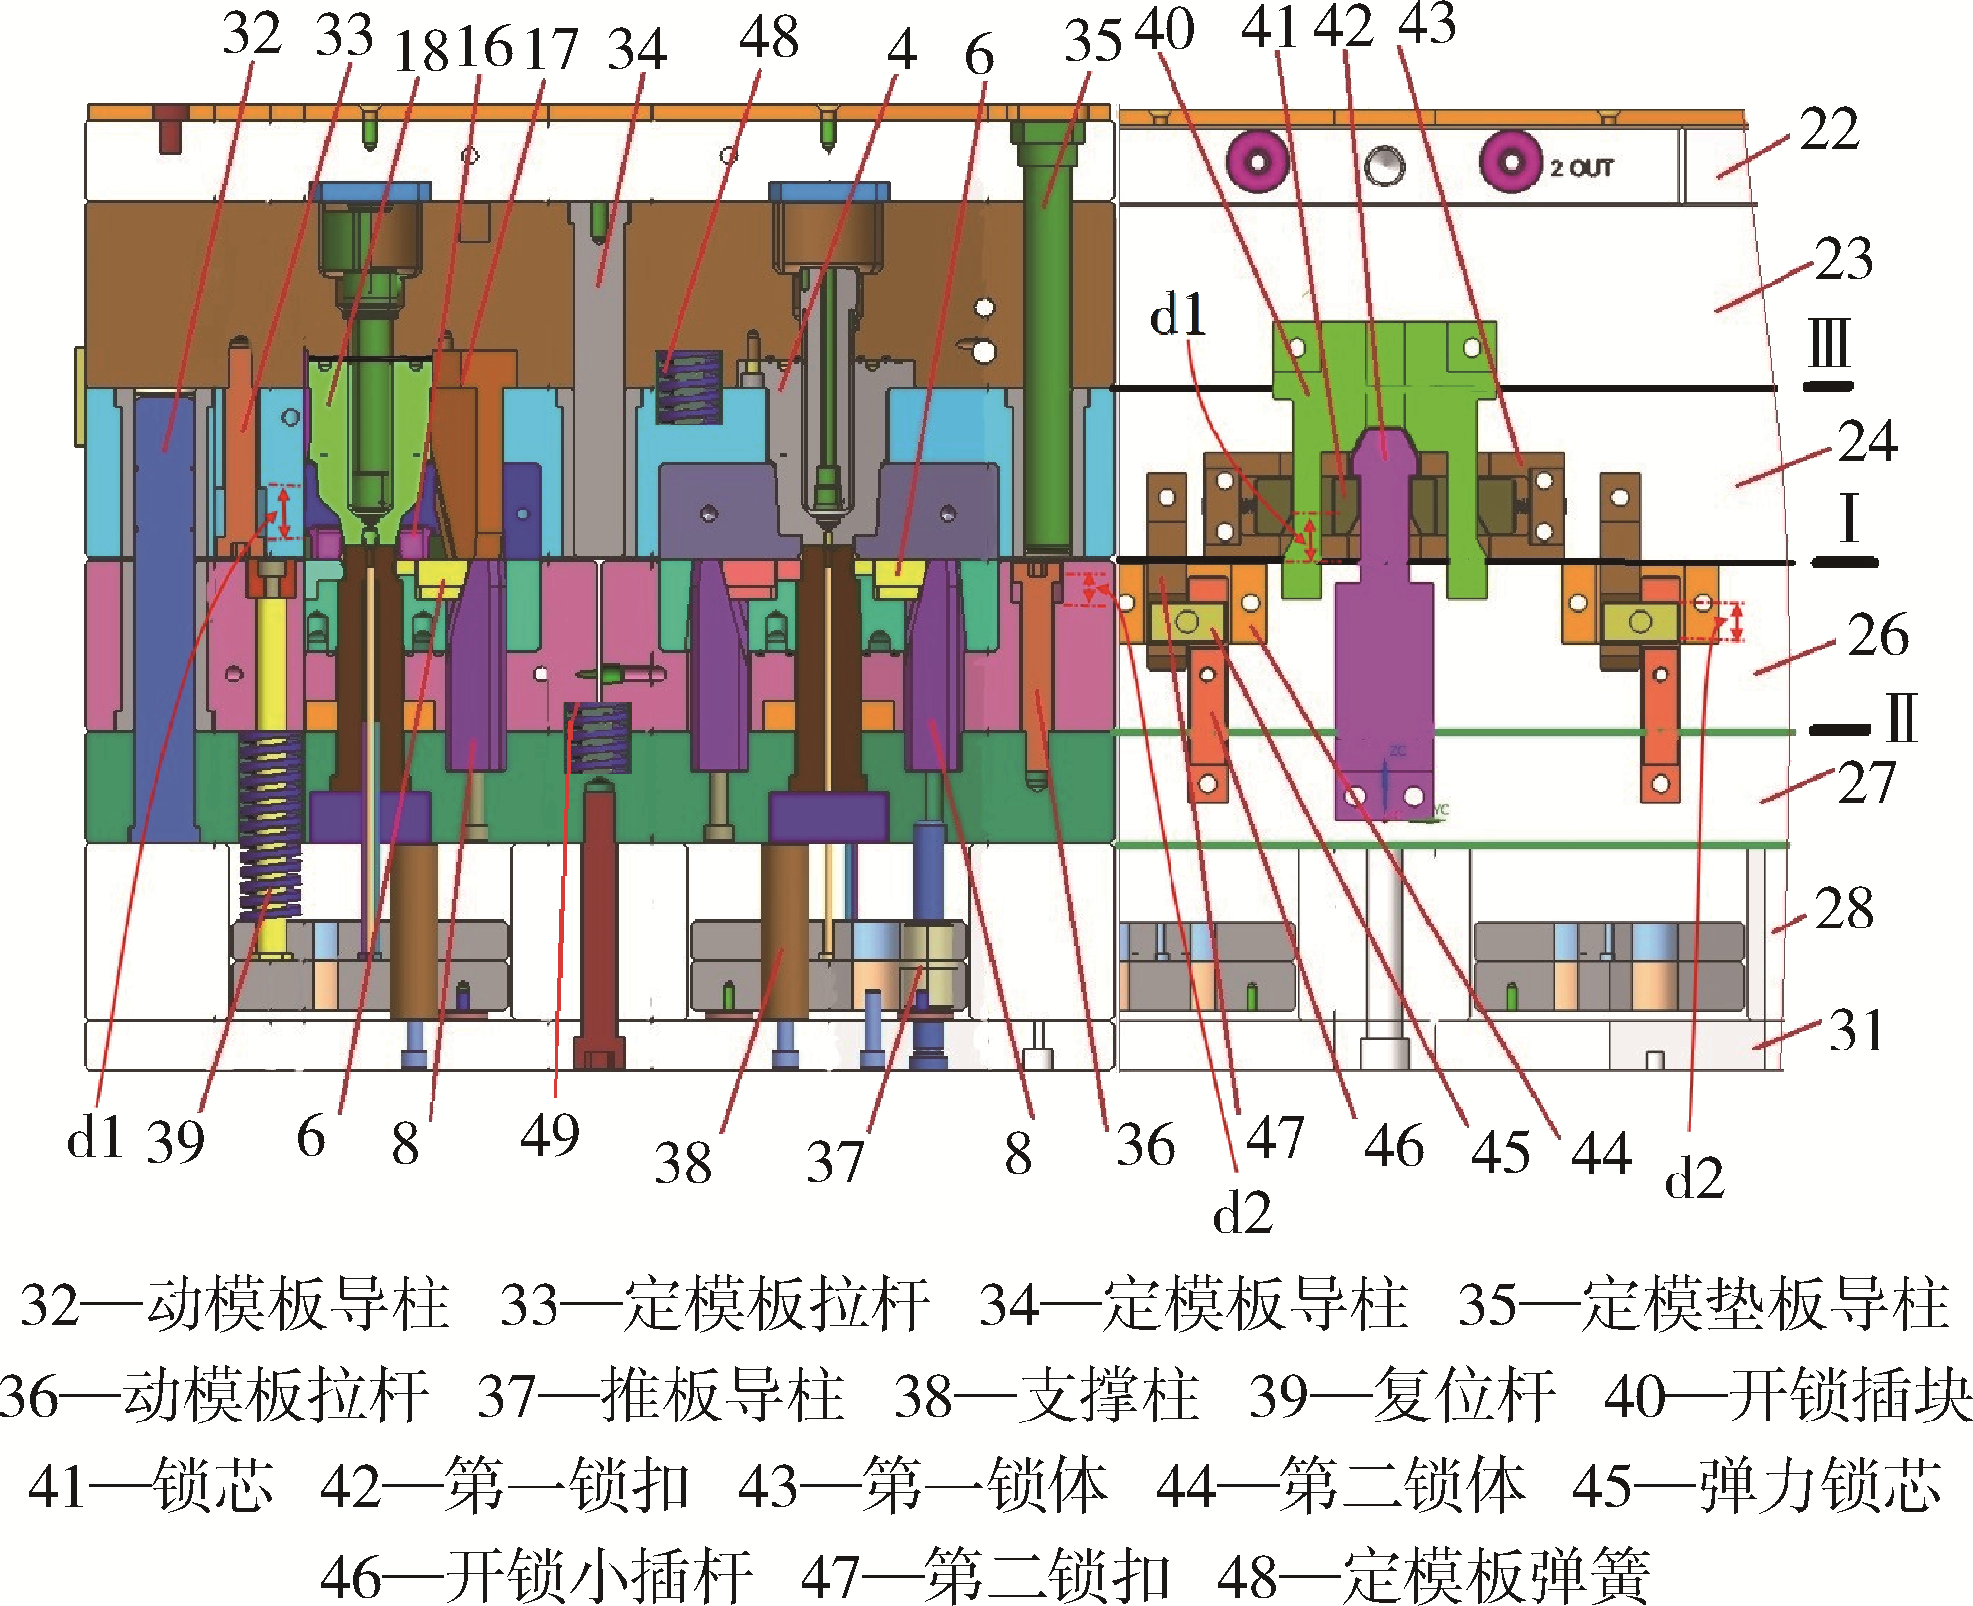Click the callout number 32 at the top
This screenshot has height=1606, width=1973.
(252, 34)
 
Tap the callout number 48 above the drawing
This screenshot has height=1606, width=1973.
(769, 38)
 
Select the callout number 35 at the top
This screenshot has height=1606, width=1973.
(1093, 41)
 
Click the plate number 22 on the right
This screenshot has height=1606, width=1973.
(1830, 129)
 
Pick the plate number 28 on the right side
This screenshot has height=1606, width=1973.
(1844, 909)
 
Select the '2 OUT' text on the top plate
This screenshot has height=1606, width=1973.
(1582, 168)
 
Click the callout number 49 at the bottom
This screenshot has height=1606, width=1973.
(550, 1135)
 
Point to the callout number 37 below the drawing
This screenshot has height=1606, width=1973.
(835, 1162)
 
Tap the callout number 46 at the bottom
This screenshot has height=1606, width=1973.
(1394, 1147)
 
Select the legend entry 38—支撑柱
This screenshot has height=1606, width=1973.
(1047, 1396)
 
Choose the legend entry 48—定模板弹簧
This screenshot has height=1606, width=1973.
(1433, 1575)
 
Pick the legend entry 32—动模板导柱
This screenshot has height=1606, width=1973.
(236, 1304)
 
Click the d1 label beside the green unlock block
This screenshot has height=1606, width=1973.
(1177, 315)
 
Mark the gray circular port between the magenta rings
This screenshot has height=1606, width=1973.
(1384, 166)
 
